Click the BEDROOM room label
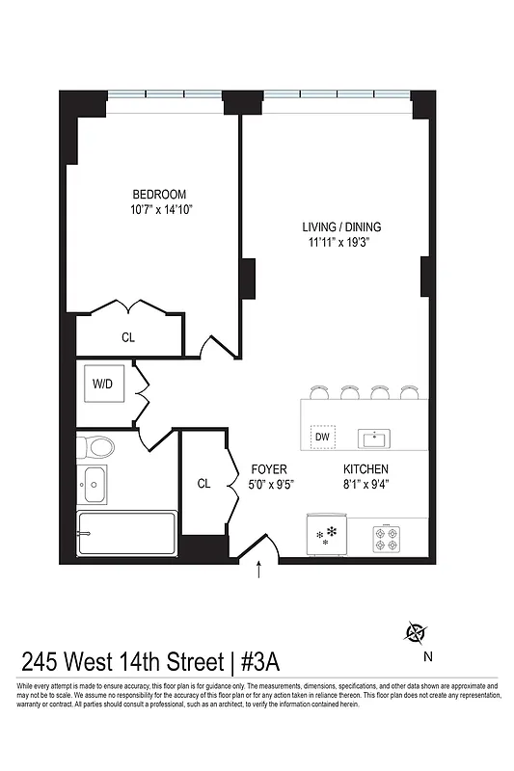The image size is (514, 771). [x=158, y=194]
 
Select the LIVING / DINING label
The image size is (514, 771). [x=335, y=227]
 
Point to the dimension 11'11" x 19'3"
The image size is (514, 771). [x=335, y=243]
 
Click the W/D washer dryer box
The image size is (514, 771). [x=103, y=384]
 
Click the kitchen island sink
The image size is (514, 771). [x=373, y=439]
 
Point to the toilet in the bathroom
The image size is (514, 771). [x=96, y=446]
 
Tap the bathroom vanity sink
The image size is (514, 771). [x=93, y=485]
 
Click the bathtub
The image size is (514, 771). [x=126, y=534]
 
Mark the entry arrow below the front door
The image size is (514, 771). [x=258, y=571]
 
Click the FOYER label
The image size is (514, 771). [x=269, y=469]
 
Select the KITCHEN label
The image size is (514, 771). [x=366, y=469]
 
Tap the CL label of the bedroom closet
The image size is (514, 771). [x=128, y=337]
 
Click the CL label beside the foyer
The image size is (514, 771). [x=204, y=484]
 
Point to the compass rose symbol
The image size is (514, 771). [x=417, y=633]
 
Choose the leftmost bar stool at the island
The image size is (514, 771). [x=317, y=391]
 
